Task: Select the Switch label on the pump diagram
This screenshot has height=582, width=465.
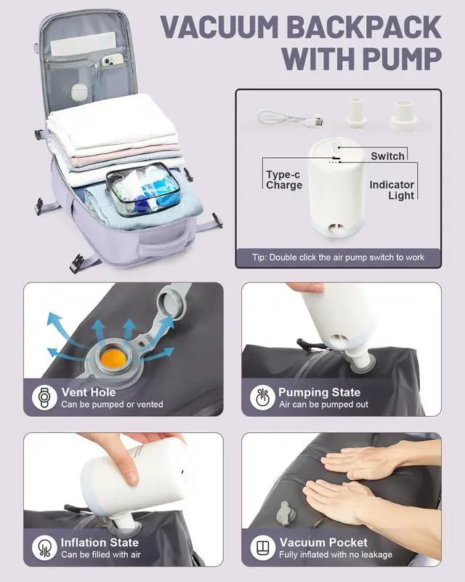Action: (387, 156)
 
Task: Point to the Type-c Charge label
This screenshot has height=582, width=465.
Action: (284, 180)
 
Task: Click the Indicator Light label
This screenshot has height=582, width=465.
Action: (392, 190)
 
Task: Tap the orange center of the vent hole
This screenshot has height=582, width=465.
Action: (113, 359)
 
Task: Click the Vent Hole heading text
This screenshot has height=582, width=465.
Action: (89, 392)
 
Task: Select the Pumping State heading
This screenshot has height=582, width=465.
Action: (319, 392)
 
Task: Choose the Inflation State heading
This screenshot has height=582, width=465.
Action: (100, 542)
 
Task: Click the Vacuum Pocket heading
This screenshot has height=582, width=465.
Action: (323, 542)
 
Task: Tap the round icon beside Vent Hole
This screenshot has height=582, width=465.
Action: (44, 397)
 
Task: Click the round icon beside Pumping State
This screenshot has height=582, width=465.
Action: (262, 397)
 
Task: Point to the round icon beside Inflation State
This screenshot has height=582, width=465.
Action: (44, 548)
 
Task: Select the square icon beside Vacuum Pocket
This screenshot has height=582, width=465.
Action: (262, 548)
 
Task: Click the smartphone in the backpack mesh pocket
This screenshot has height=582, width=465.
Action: (113, 60)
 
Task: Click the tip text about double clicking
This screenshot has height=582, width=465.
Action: (338, 258)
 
